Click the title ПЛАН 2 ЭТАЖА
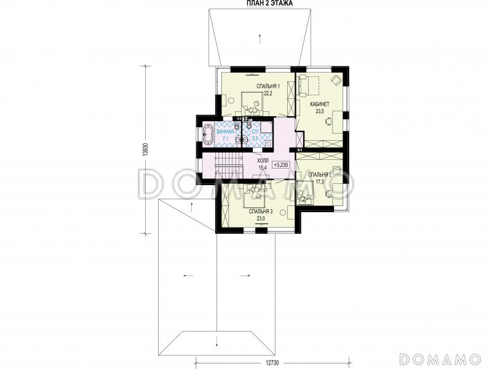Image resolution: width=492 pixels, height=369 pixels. pos(269,3)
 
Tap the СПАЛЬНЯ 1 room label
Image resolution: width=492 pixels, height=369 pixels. pos(268,86)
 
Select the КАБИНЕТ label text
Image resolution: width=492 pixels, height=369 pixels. pos(319,104)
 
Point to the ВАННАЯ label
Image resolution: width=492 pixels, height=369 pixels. pos(225,132)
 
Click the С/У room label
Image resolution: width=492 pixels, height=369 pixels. pos(255,132)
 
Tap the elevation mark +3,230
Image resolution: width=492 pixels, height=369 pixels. pos(281,164)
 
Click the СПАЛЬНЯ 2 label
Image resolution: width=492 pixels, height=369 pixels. pos(320,175)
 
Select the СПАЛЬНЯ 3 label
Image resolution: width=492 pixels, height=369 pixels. pos(261,212)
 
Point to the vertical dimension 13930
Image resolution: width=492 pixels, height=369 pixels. pos(145,149)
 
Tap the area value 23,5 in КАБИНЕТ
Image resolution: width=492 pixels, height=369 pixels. pos(319,111)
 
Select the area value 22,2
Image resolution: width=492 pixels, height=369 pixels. pos(268,93)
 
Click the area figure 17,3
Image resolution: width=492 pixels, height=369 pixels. pos(320,181)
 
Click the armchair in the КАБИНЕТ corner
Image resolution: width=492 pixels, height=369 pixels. pos(336,79)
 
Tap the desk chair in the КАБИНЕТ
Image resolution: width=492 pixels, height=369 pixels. pos(329,121)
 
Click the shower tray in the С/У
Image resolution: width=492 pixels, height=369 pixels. pos(267,128)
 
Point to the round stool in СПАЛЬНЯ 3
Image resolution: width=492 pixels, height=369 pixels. pos(283,213)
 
